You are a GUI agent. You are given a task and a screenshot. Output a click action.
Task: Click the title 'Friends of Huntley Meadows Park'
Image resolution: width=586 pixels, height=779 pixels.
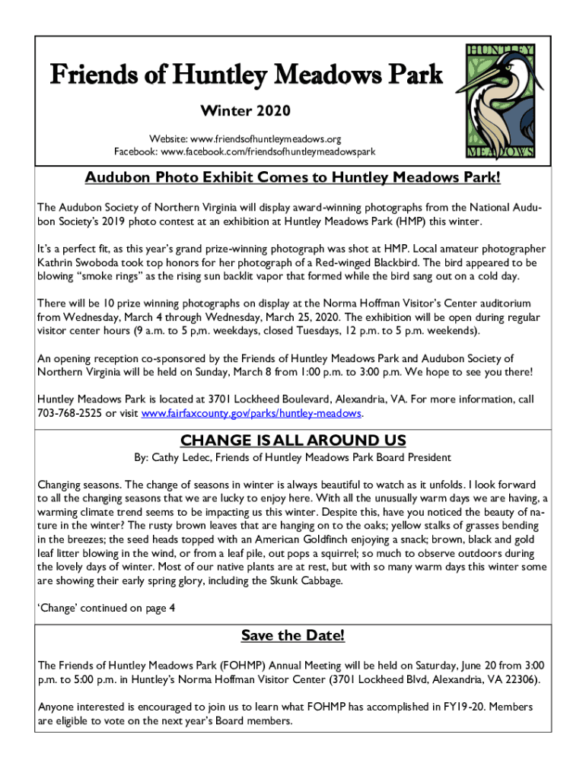[x=245, y=75]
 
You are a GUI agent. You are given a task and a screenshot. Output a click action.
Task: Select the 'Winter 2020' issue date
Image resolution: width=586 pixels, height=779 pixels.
[x=245, y=112]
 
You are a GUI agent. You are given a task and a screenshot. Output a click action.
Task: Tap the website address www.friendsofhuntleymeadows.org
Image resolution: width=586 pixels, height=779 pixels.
[x=266, y=139]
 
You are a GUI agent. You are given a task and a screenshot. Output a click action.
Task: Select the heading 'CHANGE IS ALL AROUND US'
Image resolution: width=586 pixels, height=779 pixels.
[x=293, y=440]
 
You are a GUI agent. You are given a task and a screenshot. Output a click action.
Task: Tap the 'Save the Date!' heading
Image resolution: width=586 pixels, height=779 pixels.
[x=293, y=634]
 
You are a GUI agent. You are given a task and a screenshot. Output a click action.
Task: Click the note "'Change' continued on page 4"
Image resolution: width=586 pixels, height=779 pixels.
[x=107, y=607]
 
